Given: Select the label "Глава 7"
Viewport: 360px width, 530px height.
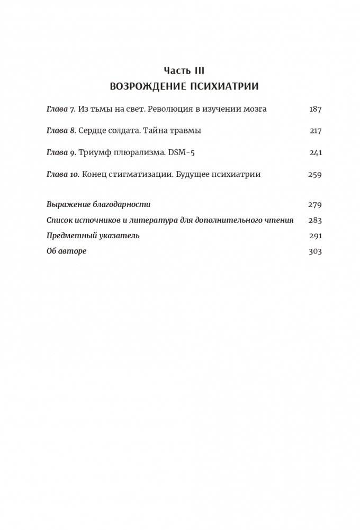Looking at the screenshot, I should click(x=61, y=109).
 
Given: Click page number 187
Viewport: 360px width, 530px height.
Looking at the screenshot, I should click(x=315, y=109).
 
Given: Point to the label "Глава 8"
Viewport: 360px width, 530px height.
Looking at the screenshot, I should click(x=61, y=131).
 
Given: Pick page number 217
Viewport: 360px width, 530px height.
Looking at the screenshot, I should click(x=315, y=131).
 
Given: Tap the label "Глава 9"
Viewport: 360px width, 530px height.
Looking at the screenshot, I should click(x=61, y=152).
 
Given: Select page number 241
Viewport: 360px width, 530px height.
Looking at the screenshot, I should click(x=315, y=152).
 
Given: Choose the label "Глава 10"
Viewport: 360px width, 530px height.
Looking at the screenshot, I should click(x=63, y=174).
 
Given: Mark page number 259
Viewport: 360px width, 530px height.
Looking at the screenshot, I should click(x=315, y=174).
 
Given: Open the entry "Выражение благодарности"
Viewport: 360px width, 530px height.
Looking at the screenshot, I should click(x=98, y=204).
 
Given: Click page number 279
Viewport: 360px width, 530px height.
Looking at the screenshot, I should click(x=315, y=204).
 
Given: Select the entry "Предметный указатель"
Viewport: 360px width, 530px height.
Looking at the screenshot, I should click(x=93, y=236).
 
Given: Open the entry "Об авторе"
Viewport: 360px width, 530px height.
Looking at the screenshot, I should click(x=66, y=251).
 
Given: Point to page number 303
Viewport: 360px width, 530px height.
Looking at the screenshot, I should click(x=315, y=251).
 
